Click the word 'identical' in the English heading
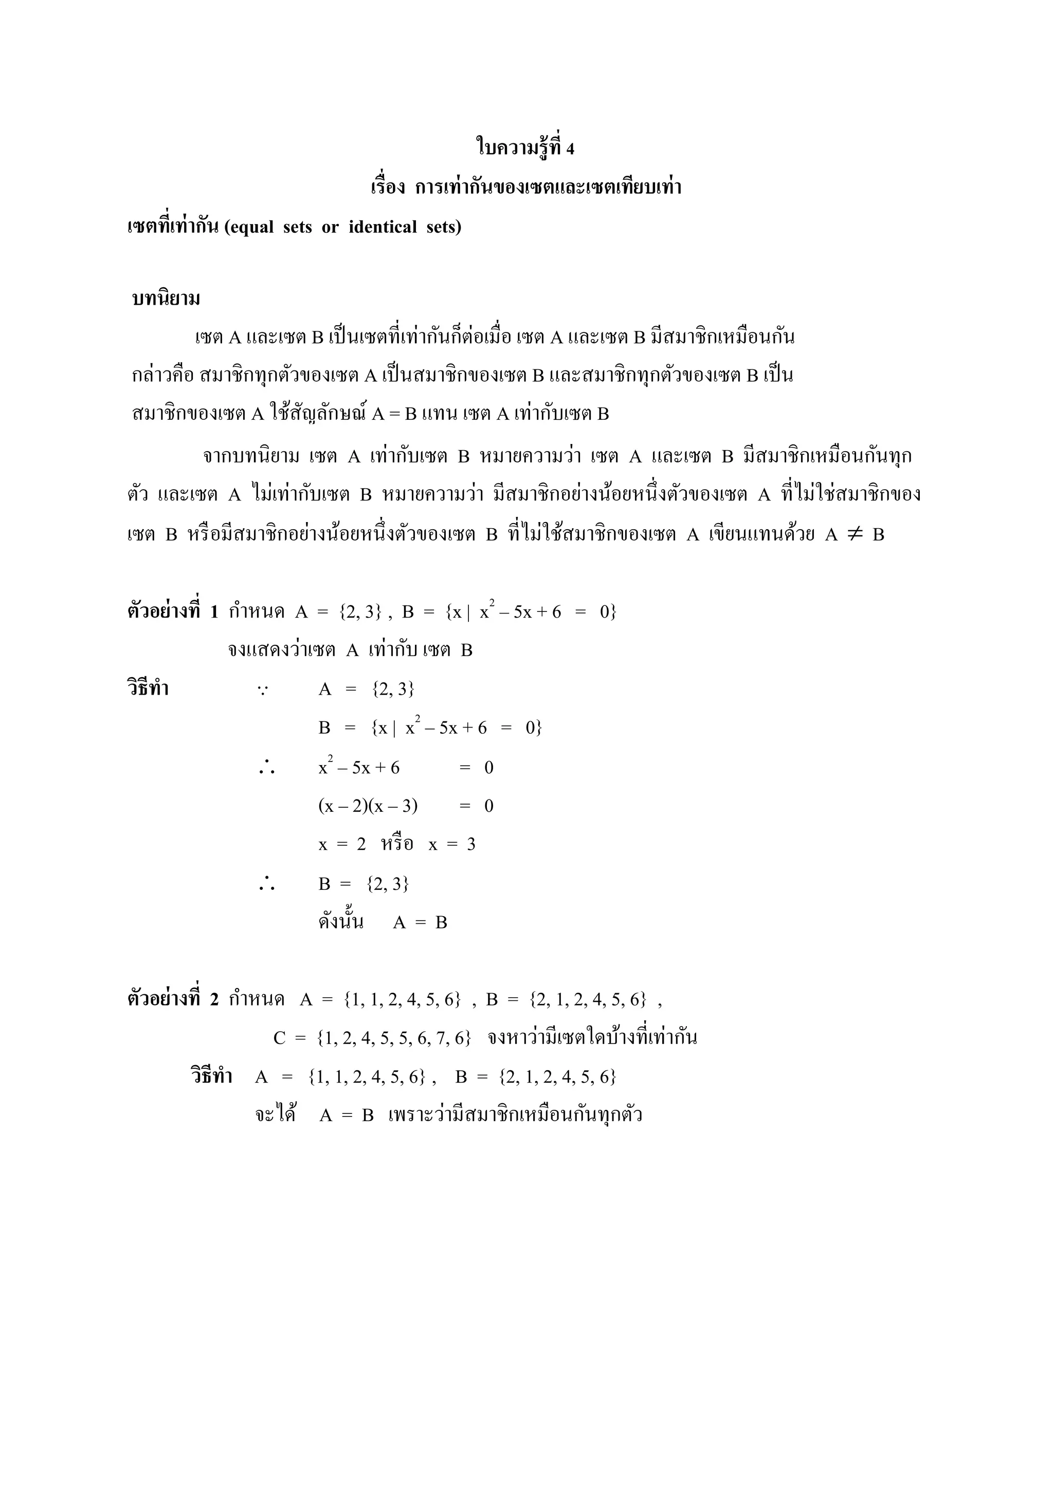coord(383,227)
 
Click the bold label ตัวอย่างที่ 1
coord(172,611)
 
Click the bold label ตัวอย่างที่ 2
coord(172,999)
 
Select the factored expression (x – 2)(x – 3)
coord(368,806)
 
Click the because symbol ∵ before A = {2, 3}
coord(263,690)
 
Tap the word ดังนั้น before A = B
coord(340,922)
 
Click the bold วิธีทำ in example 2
coord(211,1076)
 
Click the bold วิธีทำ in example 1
coord(148,689)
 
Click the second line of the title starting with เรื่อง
coord(526,188)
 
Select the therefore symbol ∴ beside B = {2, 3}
coord(266,884)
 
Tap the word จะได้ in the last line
coord(275,1115)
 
